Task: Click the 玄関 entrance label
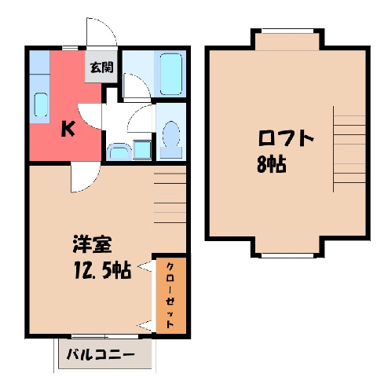(101, 68)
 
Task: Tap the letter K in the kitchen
(68, 130)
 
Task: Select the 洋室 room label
(92, 244)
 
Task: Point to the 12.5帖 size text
(102, 270)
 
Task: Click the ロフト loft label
(286, 137)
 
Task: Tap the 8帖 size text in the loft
(271, 164)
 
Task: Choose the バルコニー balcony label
(101, 355)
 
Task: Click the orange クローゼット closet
(171, 295)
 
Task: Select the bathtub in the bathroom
(170, 74)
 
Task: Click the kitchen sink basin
(41, 104)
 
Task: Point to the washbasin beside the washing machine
(120, 151)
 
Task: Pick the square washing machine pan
(142, 149)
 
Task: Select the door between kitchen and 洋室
(86, 177)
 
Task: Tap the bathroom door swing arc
(137, 88)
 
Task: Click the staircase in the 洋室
(170, 198)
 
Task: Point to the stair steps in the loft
(350, 149)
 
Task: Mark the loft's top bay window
(287, 31)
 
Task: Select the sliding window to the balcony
(104, 336)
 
